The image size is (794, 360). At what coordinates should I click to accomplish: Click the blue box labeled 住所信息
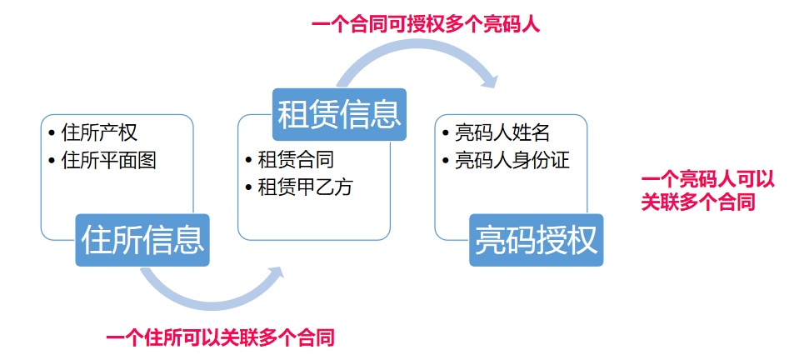click(x=142, y=240)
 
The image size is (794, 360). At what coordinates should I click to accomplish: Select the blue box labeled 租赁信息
click(x=339, y=114)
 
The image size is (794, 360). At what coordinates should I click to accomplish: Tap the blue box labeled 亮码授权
click(x=536, y=240)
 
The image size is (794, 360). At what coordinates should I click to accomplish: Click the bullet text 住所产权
click(x=99, y=133)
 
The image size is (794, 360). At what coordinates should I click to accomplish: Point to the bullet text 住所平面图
click(x=109, y=160)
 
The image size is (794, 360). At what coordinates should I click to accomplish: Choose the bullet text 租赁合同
click(x=296, y=160)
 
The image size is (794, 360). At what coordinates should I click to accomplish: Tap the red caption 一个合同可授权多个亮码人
click(x=426, y=24)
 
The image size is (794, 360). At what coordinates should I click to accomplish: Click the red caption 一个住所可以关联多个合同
click(x=221, y=338)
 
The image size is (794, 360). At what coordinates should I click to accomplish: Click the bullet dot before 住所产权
click(x=52, y=133)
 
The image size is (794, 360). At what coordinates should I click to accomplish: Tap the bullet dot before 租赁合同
click(x=249, y=160)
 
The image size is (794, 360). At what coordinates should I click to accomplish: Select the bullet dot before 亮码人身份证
click(x=446, y=160)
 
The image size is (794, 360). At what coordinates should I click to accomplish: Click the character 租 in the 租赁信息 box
click(x=292, y=114)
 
